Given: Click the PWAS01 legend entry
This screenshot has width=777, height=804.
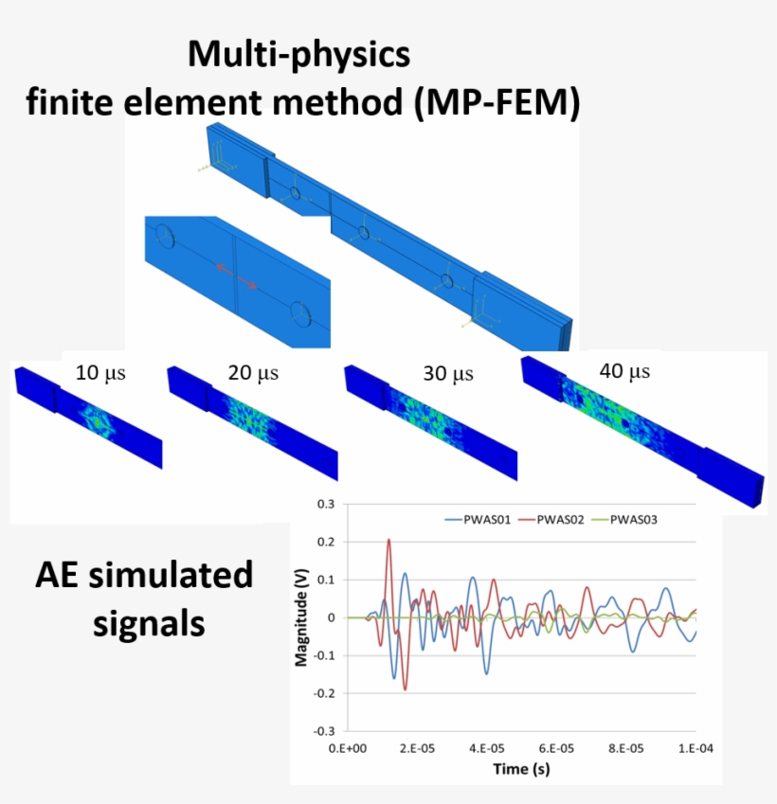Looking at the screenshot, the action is tap(478, 520).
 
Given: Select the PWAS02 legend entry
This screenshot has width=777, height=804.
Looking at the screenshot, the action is tap(551, 520).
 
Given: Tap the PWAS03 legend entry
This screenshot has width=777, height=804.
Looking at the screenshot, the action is tap(624, 520).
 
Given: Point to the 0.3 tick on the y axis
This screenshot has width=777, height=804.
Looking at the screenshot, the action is tap(326, 504).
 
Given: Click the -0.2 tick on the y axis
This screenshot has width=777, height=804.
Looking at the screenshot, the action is tap(324, 693).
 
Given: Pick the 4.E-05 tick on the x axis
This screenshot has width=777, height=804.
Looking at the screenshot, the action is tap(486, 749).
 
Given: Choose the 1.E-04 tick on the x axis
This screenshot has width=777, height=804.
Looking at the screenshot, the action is tap(696, 749).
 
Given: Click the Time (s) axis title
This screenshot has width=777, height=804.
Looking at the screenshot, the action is tap(521, 769).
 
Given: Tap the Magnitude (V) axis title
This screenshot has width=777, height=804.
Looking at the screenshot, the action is tap(301, 617).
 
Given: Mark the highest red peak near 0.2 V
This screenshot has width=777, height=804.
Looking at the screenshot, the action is tap(388, 540).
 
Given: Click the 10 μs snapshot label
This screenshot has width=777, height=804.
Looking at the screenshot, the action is tap(100, 373).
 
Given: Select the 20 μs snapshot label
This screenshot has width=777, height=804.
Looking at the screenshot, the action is tap(253, 373).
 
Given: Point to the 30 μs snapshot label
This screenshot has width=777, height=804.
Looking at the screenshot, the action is tap(448, 374).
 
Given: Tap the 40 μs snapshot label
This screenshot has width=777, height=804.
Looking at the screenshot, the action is tap(624, 371).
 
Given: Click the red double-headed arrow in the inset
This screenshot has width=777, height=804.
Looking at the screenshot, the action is tap(236, 277).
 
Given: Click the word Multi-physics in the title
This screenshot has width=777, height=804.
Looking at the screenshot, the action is tap(299, 54).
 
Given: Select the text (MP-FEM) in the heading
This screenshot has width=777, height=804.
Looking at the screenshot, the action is tap(497, 101).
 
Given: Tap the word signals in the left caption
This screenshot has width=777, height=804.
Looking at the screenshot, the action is tap(149, 624).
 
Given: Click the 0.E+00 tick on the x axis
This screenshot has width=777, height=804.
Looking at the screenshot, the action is tap(348, 749).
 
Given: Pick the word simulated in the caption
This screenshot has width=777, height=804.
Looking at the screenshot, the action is tap(171, 575).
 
